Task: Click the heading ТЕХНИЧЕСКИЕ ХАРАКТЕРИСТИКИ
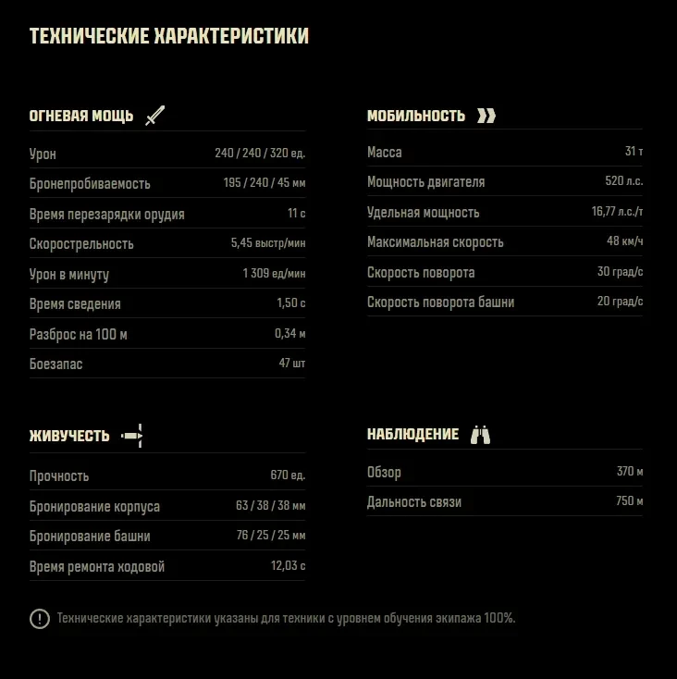point(169,37)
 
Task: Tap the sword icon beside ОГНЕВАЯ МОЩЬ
point(154,116)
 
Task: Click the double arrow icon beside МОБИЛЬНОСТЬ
point(486,116)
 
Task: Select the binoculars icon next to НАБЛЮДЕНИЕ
point(480,435)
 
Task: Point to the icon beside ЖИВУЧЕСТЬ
point(133,435)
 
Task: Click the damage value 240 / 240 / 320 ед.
point(260,153)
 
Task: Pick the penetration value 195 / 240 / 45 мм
point(264,183)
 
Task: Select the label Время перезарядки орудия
point(107,215)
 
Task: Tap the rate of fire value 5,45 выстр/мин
point(267,243)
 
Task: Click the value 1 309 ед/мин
point(274,274)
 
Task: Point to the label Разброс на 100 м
point(79,334)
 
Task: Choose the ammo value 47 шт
point(291,364)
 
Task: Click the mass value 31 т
point(634,152)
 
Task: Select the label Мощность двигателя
point(425,182)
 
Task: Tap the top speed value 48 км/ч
point(624,241)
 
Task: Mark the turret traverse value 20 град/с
point(620,302)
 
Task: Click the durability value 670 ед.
point(288,475)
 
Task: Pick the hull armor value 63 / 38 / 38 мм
point(271,506)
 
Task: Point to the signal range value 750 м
point(630,501)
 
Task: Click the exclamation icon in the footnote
point(40,619)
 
